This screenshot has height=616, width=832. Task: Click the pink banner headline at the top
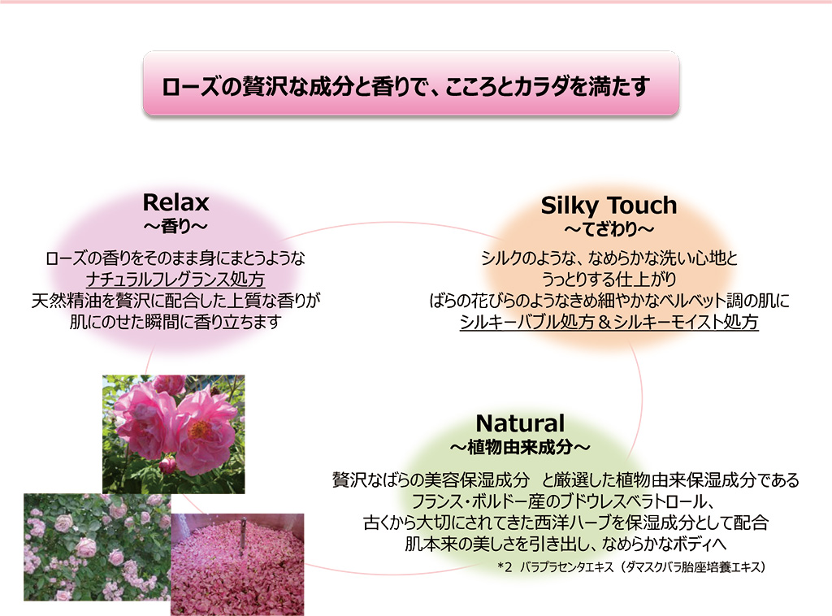[406, 86]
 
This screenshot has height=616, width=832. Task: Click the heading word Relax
[175, 202]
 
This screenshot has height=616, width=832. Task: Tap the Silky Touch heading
[609, 206]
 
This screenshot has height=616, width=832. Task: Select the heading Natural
[520, 423]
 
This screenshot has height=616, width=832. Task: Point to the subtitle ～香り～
[175, 227]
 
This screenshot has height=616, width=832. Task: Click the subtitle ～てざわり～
[609, 229]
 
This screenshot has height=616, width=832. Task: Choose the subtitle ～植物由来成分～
[520, 447]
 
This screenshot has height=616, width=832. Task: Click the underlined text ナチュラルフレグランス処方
[175, 280]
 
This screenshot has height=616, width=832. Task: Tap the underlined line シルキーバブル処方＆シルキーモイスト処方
[609, 322]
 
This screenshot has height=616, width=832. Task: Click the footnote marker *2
[505, 567]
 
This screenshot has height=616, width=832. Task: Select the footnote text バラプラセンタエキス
[566, 567]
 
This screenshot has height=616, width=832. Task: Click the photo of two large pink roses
[174, 434]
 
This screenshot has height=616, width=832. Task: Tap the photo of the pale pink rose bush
[97, 547]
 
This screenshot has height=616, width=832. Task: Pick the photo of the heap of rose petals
[237, 565]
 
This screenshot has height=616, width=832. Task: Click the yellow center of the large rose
[200, 429]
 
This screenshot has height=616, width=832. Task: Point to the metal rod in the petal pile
[243, 535]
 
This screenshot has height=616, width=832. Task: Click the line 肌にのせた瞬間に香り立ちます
[175, 322]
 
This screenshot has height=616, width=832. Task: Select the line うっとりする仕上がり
[609, 280]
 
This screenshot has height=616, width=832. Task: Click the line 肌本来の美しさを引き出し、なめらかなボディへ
[565, 544]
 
